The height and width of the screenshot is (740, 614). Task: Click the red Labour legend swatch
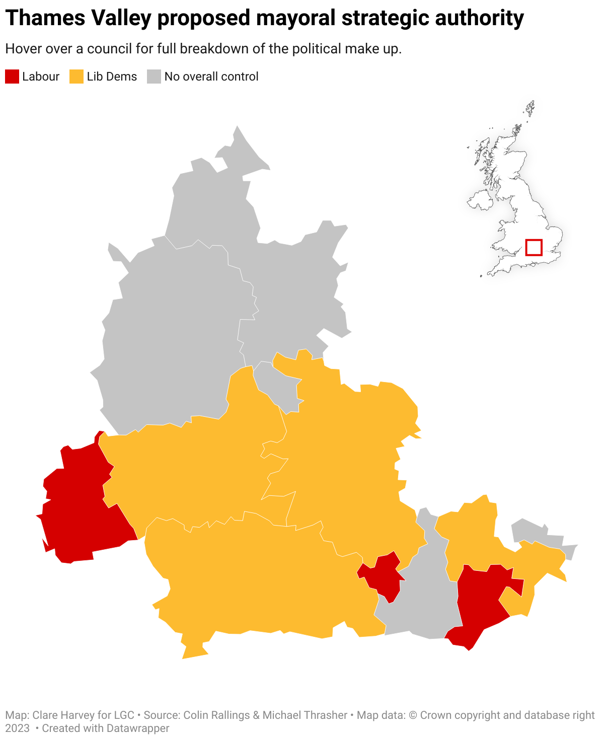(x=12, y=77)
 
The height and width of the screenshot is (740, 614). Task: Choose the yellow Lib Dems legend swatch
(x=76, y=77)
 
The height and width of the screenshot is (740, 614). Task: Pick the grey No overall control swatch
(x=154, y=77)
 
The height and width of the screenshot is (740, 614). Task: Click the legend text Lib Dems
(x=112, y=77)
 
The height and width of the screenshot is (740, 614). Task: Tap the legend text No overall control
(x=211, y=77)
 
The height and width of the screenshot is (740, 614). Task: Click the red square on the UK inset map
(x=533, y=247)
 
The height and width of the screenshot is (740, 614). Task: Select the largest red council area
(x=81, y=508)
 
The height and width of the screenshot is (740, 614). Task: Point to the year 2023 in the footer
(x=17, y=728)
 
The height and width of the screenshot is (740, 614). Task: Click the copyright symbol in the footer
(x=413, y=715)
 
